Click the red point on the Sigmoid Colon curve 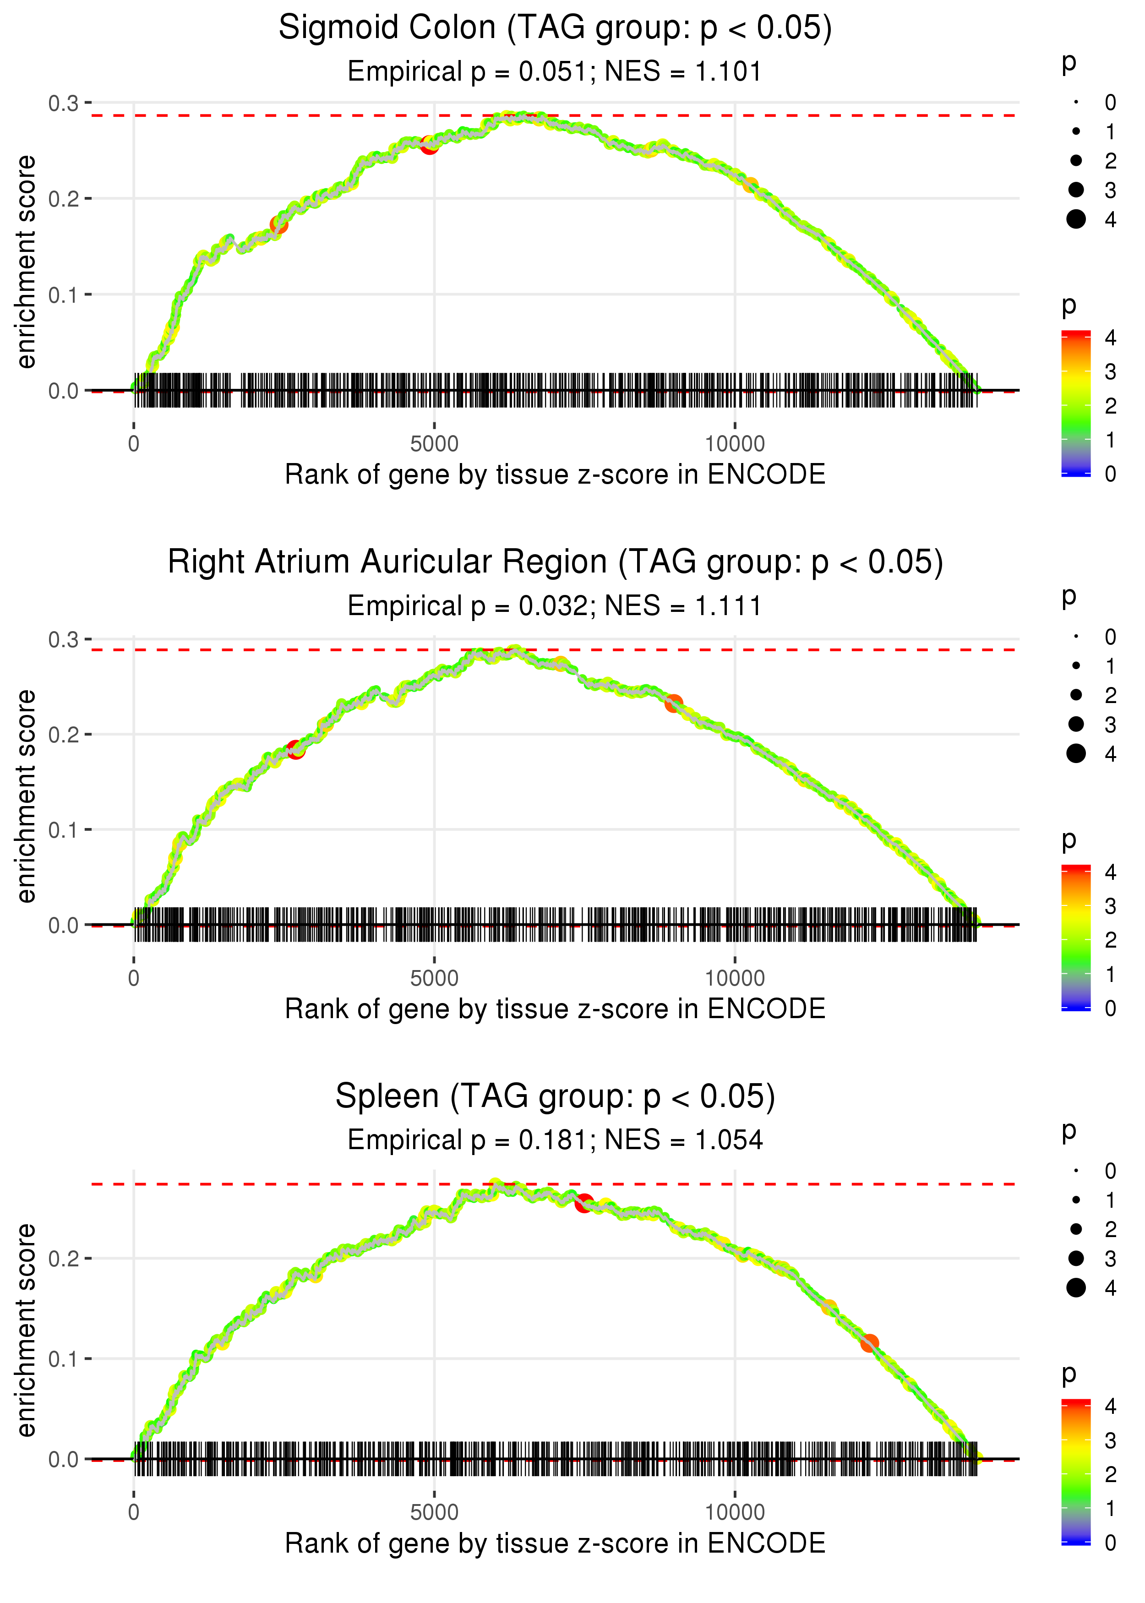click(x=430, y=145)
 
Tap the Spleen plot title click(x=555, y=1096)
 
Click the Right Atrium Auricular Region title click(x=555, y=562)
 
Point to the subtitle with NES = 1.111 click(x=555, y=605)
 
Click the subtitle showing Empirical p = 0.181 click(x=555, y=1140)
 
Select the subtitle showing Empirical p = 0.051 click(x=555, y=71)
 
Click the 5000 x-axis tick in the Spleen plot click(x=434, y=1512)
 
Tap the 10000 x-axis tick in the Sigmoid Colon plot click(x=735, y=444)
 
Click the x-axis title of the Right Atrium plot click(x=555, y=1009)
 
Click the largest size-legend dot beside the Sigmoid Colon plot click(x=1076, y=219)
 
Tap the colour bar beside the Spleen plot click(x=1076, y=1471)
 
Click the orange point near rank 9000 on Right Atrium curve click(x=674, y=703)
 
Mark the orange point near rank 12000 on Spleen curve click(x=869, y=1343)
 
